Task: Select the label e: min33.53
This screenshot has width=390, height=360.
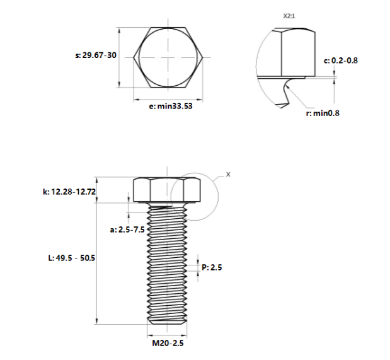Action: point(170,107)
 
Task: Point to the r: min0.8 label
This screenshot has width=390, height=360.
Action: point(322,113)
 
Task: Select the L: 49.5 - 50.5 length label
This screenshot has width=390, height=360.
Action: point(72,258)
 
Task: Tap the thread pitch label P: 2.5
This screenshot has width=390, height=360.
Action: point(212,267)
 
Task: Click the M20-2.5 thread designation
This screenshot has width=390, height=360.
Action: point(168,344)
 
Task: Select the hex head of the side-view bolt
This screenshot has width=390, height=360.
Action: point(167,190)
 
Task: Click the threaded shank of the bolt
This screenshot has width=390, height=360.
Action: point(167,265)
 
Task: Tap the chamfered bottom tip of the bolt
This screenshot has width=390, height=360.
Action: point(167,322)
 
